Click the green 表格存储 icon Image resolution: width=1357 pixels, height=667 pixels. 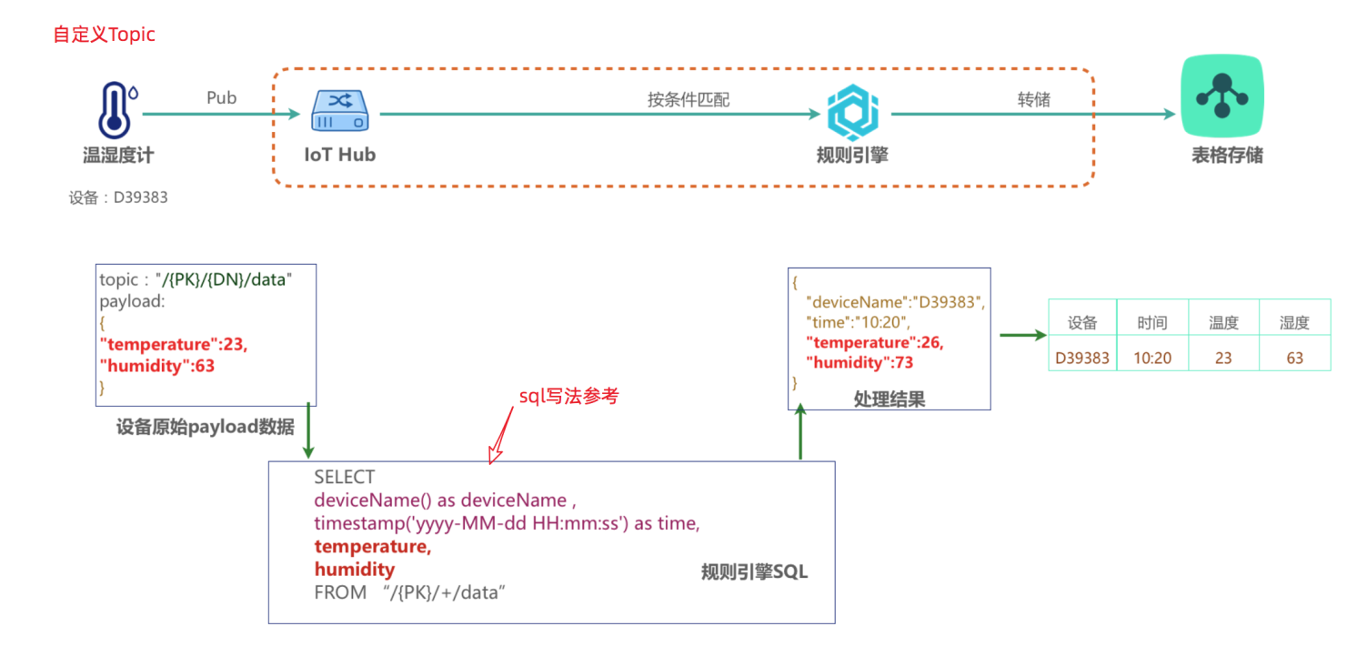[1221, 96]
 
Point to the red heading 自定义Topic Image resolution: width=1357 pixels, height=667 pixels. [105, 35]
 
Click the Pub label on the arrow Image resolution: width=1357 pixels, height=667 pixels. [221, 97]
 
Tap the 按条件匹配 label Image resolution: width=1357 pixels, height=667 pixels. [689, 100]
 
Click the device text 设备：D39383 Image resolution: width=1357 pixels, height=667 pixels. [118, 197]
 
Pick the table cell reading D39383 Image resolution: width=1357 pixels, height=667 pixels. [1082, 358]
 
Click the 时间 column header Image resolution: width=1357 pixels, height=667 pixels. [1151, 323]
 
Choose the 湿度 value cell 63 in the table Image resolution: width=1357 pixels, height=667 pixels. [1295, 358]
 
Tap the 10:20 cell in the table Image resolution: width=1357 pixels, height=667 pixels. [1151, 358]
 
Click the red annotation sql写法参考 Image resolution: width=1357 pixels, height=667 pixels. [568, 397]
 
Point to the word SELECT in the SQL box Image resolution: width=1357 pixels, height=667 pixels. [344, 477]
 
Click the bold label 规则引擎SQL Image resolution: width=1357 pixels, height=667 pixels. [754, 572]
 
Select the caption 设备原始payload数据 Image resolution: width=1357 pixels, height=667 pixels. [206, 427]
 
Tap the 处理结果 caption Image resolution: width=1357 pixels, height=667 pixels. [889, 399]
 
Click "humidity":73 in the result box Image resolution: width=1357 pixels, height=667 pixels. [859, 362]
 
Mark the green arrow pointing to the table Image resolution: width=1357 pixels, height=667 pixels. [1022, 335]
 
